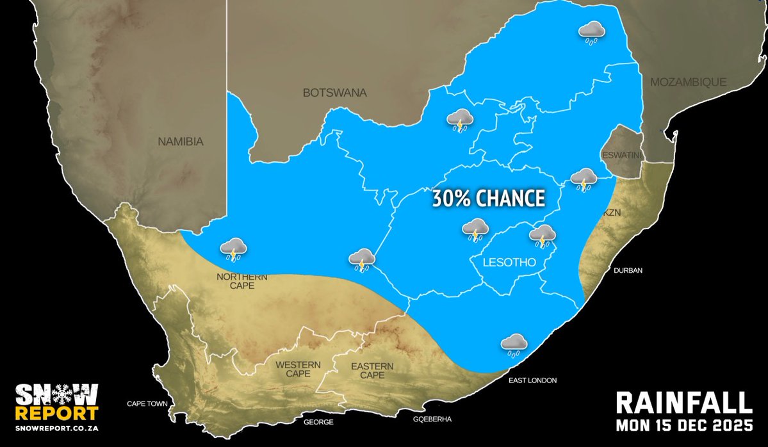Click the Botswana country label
pyautogui.click(x=334, y=93)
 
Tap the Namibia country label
pyautogui.click(x=180, y=142)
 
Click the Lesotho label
pyautogui.click(x=503, y=261)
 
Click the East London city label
pyautogui.click(x=533, y=380)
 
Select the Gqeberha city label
pyautogui.click(x=433, y=419)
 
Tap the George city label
pyautogui.click(x=318, y=422)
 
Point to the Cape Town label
pyautogui.click(x=147, y=404)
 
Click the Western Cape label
pyautogui.click(x=297, y=370)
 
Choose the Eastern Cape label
pyautogui.click(x=372, y=370)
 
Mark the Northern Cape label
pyautogui.click(x=241, y=281)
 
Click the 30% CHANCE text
pyautogui.click(x=488, y=198)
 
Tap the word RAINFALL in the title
pyautogui.click(x=683, y=403)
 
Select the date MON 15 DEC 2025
pyautogui.click(x=683, y=425)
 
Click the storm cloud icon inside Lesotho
pyautogui.click(x=543, y=235)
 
